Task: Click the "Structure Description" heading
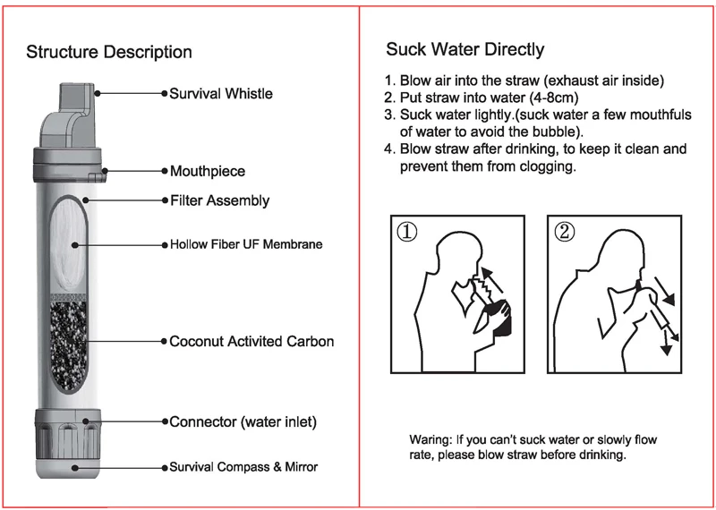click(108, 52)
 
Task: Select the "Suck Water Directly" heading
click(465, 49)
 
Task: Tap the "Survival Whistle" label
click(221, 93)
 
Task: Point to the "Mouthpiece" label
click(207, 171)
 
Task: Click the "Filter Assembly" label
click(219, 200)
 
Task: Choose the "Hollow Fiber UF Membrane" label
click(246, 243)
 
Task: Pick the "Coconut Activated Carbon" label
click(251, 341)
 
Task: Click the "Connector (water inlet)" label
click(243, 421)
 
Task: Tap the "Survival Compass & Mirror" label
click(243, 467)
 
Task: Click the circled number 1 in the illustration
click(407, 233)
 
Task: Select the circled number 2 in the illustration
click(564, 233)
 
